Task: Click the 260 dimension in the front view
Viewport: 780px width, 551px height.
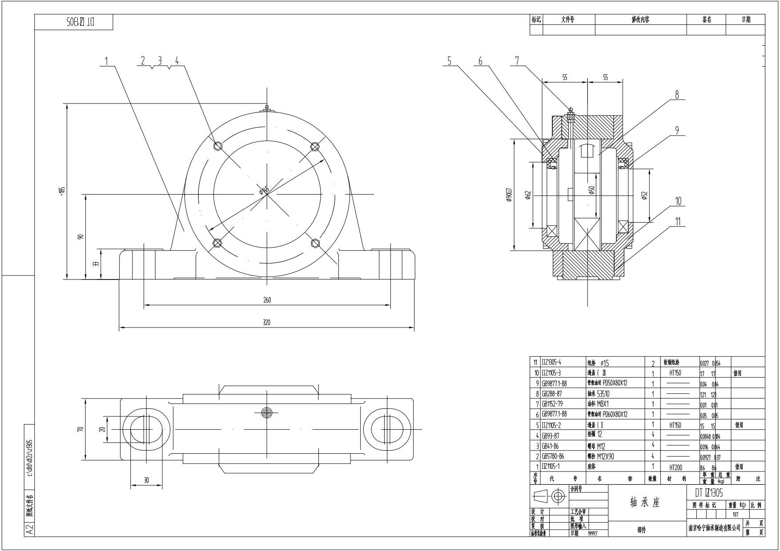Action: coord(267,300)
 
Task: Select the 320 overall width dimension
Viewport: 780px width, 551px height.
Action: coord(266,323)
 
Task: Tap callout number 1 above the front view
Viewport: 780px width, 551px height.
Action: coord(106,61)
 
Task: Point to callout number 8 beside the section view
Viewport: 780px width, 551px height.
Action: coord(677,94)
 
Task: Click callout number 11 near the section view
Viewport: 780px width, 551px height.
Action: coord(678,222)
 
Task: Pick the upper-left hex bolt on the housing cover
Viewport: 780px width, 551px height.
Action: coord(218,146)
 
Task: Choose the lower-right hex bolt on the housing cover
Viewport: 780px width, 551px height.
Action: coord(315,242)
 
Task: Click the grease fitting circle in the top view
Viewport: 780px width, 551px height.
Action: coord(266,412)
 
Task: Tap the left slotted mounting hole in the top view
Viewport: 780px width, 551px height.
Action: coord(145,430)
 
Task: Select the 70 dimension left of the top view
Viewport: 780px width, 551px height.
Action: coord(80,429)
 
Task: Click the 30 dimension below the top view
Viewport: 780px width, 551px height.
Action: coord(146,480)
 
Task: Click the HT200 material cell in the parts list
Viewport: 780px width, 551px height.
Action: coord(675,467)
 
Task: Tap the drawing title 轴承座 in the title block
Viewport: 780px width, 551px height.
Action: coord(645,503)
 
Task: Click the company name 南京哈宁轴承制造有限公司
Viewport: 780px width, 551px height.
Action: coord(715,528)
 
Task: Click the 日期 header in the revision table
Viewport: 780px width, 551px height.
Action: coord(746,20)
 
